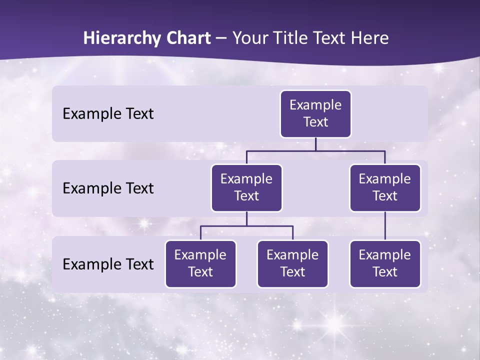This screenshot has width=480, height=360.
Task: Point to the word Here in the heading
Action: [x=370, y=38]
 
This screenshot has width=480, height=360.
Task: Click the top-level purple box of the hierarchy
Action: [x=315, y=114]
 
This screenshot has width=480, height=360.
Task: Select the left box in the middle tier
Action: [x=246, y=188]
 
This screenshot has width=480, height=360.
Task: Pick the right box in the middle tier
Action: [x=385, y=188]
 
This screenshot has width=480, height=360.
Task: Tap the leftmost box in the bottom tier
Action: [x=200, y=264]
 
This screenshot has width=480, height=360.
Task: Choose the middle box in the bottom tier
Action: [x=292, y=264]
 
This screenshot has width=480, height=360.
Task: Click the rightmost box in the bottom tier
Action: [x=385, y=264]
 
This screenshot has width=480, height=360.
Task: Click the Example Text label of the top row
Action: [x=108, y=114]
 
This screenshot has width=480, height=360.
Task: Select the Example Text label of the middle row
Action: [x=108, y=188]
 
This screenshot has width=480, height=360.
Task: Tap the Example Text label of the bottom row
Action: [x=108, y=264]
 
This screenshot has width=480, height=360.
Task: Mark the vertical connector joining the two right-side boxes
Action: [x=385, y=226]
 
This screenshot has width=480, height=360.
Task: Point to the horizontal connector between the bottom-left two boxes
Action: [x=246, y=226]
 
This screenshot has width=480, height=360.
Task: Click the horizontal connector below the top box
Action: [x=315, y=150]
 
